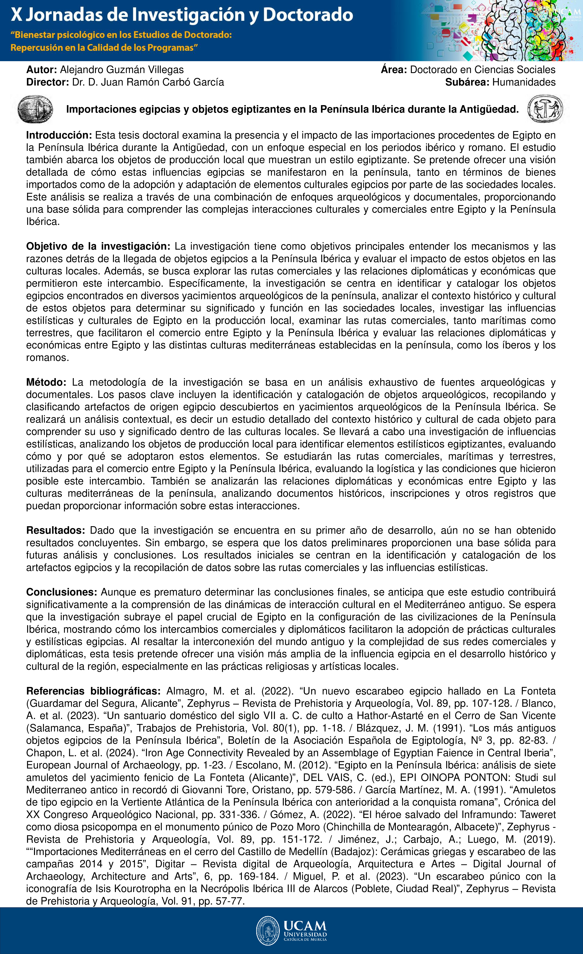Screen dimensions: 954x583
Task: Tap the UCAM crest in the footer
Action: [267, 931]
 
